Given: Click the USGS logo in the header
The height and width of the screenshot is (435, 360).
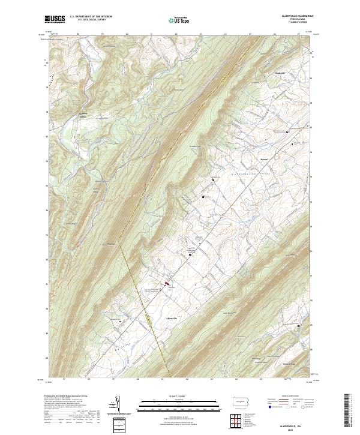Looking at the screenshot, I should coord(55,19).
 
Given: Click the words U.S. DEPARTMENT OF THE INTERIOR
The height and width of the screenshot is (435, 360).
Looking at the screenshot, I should coord(91,17).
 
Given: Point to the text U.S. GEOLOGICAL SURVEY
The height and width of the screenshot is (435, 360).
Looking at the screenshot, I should coord(87,20).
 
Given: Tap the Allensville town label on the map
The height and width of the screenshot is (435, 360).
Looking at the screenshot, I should coord(172,317).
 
